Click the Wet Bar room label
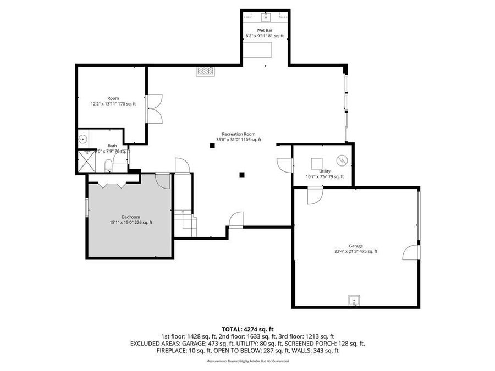point(265,33)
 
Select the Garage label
point(355,248)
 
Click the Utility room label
point(324,174)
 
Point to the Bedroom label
point(131,219)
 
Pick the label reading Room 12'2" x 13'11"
point(113,101)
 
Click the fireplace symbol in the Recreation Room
point(206,70)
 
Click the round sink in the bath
point(83,139)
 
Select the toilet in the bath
point(108,166)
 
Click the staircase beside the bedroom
point(185,223)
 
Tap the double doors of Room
point(154,109)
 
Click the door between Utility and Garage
point(315,195)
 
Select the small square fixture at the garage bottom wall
point(354,300)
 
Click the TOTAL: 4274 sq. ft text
point(248,328)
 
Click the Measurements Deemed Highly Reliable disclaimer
point(248,361)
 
